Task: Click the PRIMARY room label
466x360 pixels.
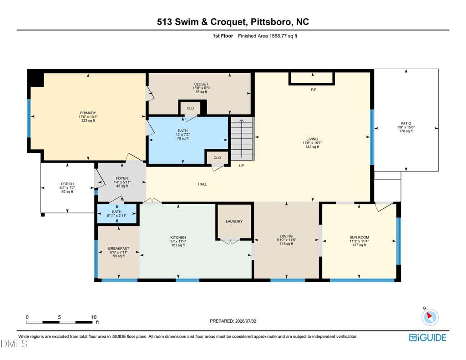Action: click(88, 113)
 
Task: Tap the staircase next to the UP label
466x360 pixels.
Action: click(242, 138)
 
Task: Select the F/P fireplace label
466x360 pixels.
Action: click(314, 90)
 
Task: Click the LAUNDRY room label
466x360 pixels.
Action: click(234, 222)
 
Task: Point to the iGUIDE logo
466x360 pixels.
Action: click(428, 337)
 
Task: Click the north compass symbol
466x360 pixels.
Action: click(430, 317)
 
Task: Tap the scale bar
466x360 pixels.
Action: click(59, 322)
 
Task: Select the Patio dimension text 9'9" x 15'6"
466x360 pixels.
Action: click(406, 127)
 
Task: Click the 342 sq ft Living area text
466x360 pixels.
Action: click(312, 147)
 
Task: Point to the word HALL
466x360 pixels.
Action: click(203, 184)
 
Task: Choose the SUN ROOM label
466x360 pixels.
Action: click(360, 237)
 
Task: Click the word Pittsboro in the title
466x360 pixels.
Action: click(271, 22)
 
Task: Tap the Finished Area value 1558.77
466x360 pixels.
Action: click(278, 36)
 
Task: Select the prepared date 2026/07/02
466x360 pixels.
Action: click(245, 321)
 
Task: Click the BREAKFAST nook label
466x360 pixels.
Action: click(119, 248)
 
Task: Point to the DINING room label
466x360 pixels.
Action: click(286, 236)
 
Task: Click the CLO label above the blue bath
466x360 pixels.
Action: click(190, 108)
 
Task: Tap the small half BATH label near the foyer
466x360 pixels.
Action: click(117, 212)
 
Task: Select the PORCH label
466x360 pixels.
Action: click(67, 184)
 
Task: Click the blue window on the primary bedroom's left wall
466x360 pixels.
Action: click(29, 118)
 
